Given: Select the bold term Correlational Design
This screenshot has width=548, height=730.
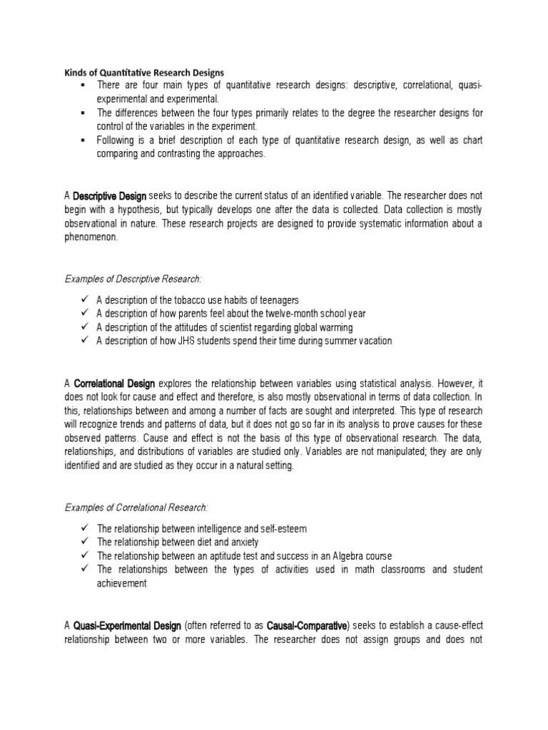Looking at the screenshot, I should tap(114, 385).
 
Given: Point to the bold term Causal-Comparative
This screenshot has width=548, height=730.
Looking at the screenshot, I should tap(307, 625).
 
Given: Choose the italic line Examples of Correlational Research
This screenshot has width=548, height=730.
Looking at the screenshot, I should tap(137, 507).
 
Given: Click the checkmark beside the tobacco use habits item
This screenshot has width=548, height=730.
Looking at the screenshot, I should tap(84, 299).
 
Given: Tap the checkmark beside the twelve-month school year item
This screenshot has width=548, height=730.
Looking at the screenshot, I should tap(84, 313).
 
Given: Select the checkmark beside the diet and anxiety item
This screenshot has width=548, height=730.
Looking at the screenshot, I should tap(84, 542).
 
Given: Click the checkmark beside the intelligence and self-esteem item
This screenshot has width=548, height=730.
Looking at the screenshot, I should tap(84, 528).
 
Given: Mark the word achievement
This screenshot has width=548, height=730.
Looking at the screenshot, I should tap(122, 583).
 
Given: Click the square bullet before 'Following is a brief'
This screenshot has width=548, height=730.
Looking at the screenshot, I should tap(83, 140).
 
